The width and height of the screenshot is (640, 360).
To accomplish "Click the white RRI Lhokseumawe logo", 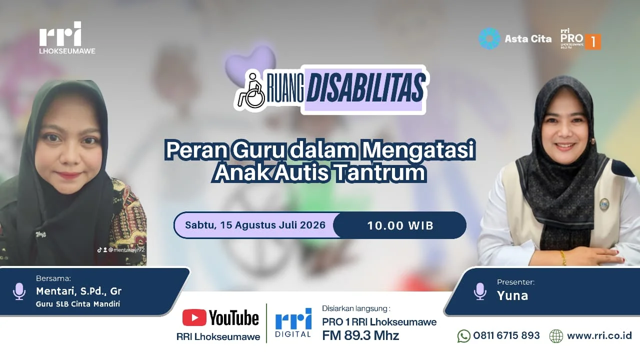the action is tap(67, 37).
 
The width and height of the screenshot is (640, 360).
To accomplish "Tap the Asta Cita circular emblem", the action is tap(489, 38).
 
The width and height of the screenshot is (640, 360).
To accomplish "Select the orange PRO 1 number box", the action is tap(593, 42).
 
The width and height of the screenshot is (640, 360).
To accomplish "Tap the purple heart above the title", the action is tap(250, 62).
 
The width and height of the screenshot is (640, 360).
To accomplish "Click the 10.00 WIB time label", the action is tap(400, 225).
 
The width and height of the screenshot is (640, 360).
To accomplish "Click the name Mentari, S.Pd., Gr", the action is tap(78, 291).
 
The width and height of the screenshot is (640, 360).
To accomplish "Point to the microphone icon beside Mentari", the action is tap(19, 291).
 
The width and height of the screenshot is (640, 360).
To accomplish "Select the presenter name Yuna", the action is tap(512, 295).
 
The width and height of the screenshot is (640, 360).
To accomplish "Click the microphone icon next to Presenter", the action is tap(480, 291).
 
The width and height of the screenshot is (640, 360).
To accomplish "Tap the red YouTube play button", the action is tap(194, 317).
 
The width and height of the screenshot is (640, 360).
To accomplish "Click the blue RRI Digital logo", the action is tap(293, 323).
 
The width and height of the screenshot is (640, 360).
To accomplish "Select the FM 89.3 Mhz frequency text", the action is tap(360, 335).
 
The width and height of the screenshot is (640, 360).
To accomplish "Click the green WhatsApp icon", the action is tap(463, 335).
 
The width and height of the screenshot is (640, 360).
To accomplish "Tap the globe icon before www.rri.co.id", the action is tap(556, 336).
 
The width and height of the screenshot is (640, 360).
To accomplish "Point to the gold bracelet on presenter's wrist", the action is tap(563, 257).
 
